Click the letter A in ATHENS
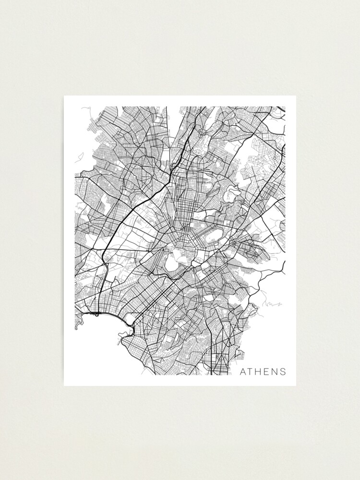coord(243,372)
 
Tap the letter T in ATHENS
coord(252,372)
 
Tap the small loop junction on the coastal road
coord(96,314)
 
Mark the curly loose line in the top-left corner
coord(86,109)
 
